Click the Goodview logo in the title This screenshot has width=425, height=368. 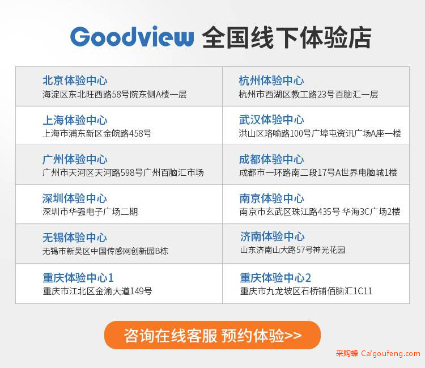(132, 37)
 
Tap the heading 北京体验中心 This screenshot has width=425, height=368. (75, 81)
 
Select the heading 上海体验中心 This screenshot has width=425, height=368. (75, 120)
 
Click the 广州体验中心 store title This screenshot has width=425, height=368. (75, 159)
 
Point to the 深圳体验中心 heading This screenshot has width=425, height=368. (75, 198)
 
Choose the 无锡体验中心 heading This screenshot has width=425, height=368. (75, 238)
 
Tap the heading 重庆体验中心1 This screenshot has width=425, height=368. (78, 278)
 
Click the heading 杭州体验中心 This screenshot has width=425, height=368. (271, 81)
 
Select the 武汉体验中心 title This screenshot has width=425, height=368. (271, 120)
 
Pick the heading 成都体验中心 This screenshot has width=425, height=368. (271, 159)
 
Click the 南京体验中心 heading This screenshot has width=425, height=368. (271, 198)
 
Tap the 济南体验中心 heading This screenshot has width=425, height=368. (273, 236)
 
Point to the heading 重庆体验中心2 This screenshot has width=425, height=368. (275, 278)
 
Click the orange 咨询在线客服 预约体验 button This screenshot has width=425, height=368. (212, 335)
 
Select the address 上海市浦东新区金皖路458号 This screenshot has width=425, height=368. (97, 133)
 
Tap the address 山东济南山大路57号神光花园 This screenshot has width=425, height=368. (292, 249)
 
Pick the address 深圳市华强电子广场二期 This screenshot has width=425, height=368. (90, 212)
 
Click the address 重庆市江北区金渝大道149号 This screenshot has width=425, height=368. (97, 291)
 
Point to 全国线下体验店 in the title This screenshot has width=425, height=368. (287, 37)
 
